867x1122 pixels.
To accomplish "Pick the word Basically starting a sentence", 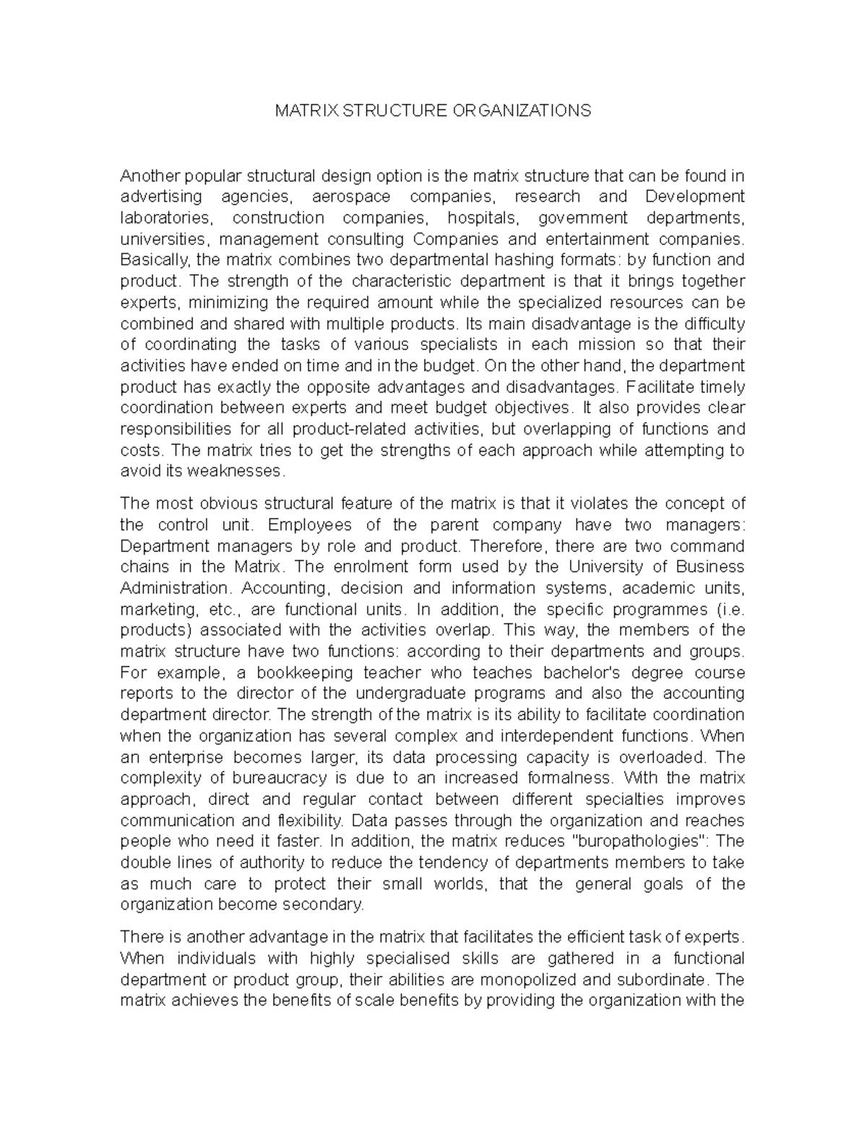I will tap(153, 260).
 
